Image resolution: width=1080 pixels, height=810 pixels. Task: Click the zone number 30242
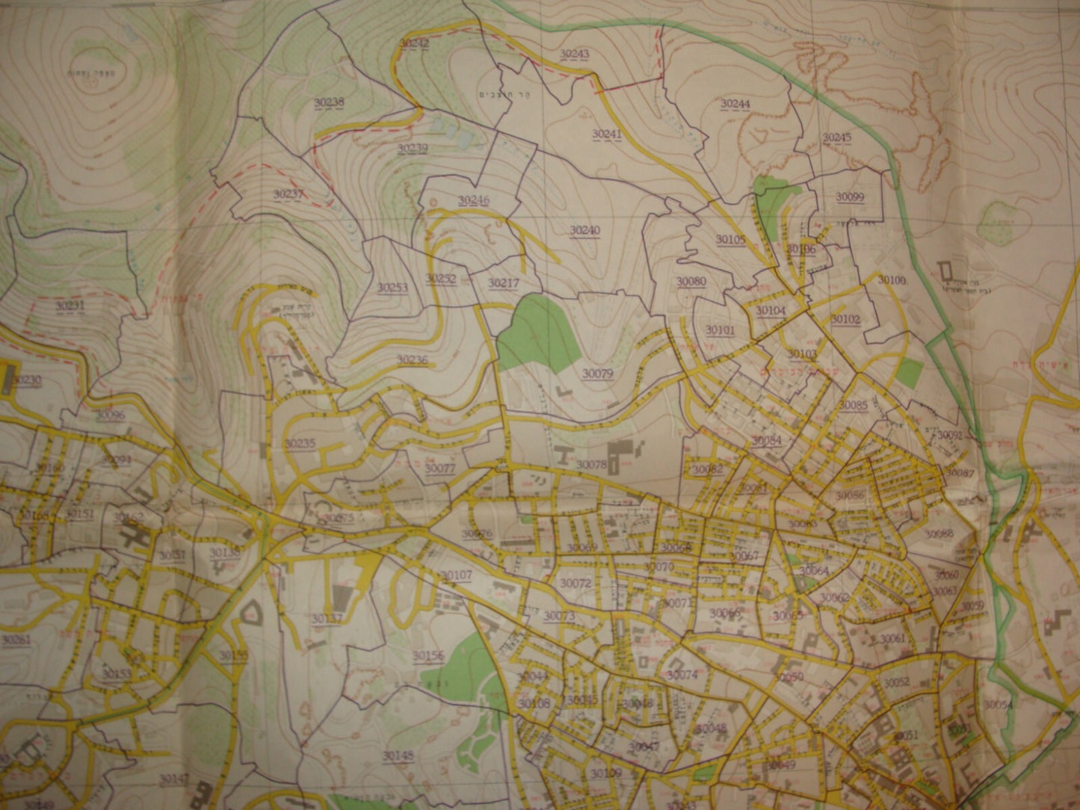(413, 44)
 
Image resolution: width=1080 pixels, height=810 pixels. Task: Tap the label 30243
(574, 54)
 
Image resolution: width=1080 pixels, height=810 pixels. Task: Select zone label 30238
(330, 102)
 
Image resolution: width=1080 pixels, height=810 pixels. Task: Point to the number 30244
(735, 104)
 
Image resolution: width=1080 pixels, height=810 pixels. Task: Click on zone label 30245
(836, 137)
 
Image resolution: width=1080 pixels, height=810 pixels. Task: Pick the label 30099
(850, 197)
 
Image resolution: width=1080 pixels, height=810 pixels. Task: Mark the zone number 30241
(607, 134)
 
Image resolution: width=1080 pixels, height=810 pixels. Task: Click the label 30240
(585, 230)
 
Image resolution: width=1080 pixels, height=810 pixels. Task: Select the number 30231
(70, 306)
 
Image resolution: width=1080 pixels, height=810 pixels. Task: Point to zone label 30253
(392, 287)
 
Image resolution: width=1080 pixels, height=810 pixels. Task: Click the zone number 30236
(412, 359)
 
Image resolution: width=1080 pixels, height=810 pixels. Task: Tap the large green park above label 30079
(536, 329)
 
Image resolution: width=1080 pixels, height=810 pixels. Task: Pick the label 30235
(299, 443)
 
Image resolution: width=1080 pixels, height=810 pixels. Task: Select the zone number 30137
(327, 619)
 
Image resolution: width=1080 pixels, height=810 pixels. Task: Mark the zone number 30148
(398, 755)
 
